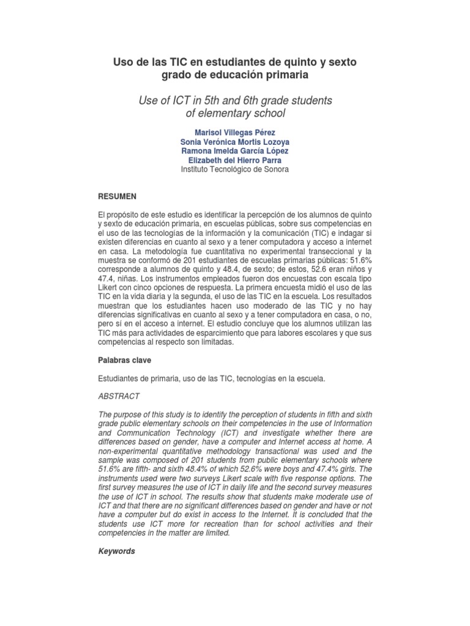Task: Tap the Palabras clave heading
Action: pos(124,361)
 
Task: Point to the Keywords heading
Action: pos(117,551)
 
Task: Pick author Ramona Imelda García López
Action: pos(234,151)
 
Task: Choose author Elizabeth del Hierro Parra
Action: pos(234,160)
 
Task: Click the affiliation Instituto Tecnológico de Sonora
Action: pos(234,169)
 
